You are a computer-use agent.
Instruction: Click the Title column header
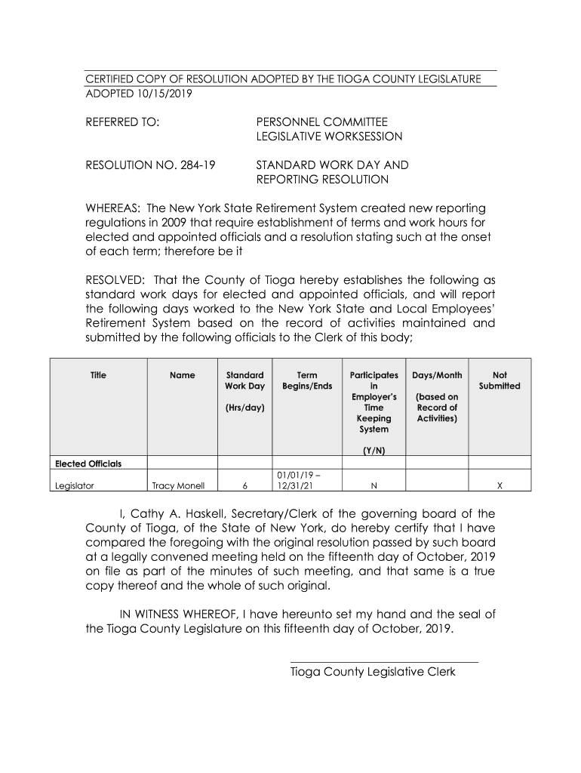tap(98, 375)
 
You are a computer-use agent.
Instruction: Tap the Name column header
tap(183, 375)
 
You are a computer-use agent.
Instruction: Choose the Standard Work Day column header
tap(245, 381)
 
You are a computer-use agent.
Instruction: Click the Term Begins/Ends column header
tap(307, 381)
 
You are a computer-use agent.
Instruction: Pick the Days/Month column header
tap(437, 375)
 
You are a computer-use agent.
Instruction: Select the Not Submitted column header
tap(500, 381)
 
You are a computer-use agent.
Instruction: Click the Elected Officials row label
tap(89, 463)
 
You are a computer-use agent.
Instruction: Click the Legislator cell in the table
tap(75, 486)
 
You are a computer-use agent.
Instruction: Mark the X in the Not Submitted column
tap(500, 486)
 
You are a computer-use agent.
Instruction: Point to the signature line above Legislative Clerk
tap(384, 662)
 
